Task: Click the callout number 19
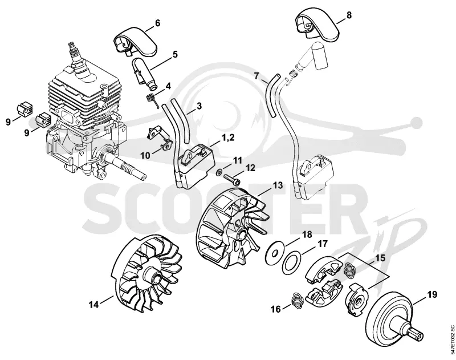431,294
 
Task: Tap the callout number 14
94,305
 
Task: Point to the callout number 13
278,185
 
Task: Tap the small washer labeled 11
218,173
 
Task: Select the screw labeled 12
231,179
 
